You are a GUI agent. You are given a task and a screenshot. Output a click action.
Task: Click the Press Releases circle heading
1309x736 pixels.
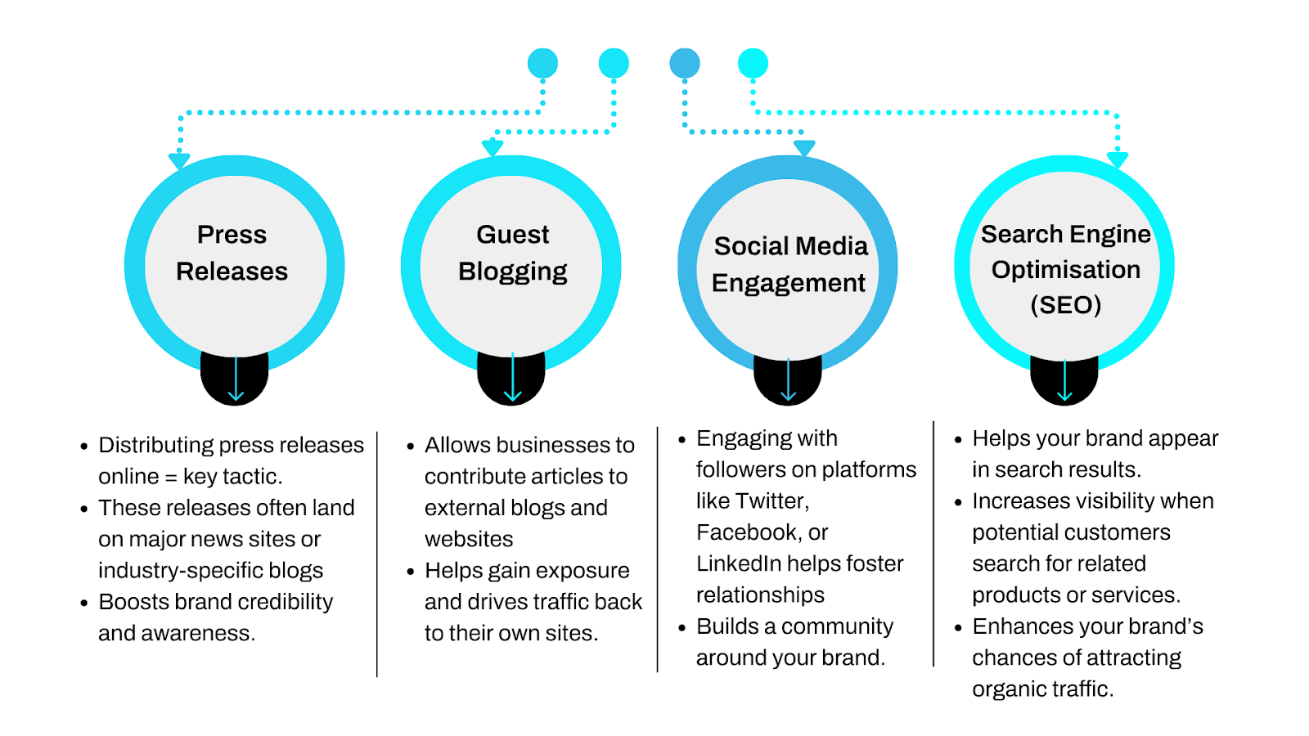pos(232,253)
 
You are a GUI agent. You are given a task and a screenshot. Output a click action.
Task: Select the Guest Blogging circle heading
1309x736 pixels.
pos(513,253)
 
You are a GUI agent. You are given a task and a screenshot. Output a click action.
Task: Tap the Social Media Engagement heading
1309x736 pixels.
pos(789,264)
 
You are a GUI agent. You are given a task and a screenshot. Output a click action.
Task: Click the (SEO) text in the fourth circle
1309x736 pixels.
pos(1065,305)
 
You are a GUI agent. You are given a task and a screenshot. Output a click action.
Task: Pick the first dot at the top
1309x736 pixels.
pos(542,63)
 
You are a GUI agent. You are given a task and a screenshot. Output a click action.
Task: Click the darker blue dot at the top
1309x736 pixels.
pos(685,63)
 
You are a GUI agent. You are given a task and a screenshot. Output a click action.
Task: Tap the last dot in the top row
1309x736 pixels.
pos(753,63)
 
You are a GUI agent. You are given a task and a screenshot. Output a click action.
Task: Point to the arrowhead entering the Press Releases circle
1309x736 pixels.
pos(179,161)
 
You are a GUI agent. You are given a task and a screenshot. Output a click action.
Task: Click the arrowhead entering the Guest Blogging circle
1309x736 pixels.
pos(493,148)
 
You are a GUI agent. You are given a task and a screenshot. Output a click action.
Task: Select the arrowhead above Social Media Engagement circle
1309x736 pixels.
pos(804,148)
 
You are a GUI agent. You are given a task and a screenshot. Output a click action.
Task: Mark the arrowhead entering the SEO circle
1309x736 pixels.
pos(1118,160)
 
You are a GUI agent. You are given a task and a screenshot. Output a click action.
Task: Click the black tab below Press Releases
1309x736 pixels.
pos(235,380)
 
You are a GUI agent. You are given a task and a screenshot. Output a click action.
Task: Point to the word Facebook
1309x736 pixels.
pos(748,532)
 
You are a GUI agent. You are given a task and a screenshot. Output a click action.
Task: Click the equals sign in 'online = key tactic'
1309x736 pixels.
pos(171,477)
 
